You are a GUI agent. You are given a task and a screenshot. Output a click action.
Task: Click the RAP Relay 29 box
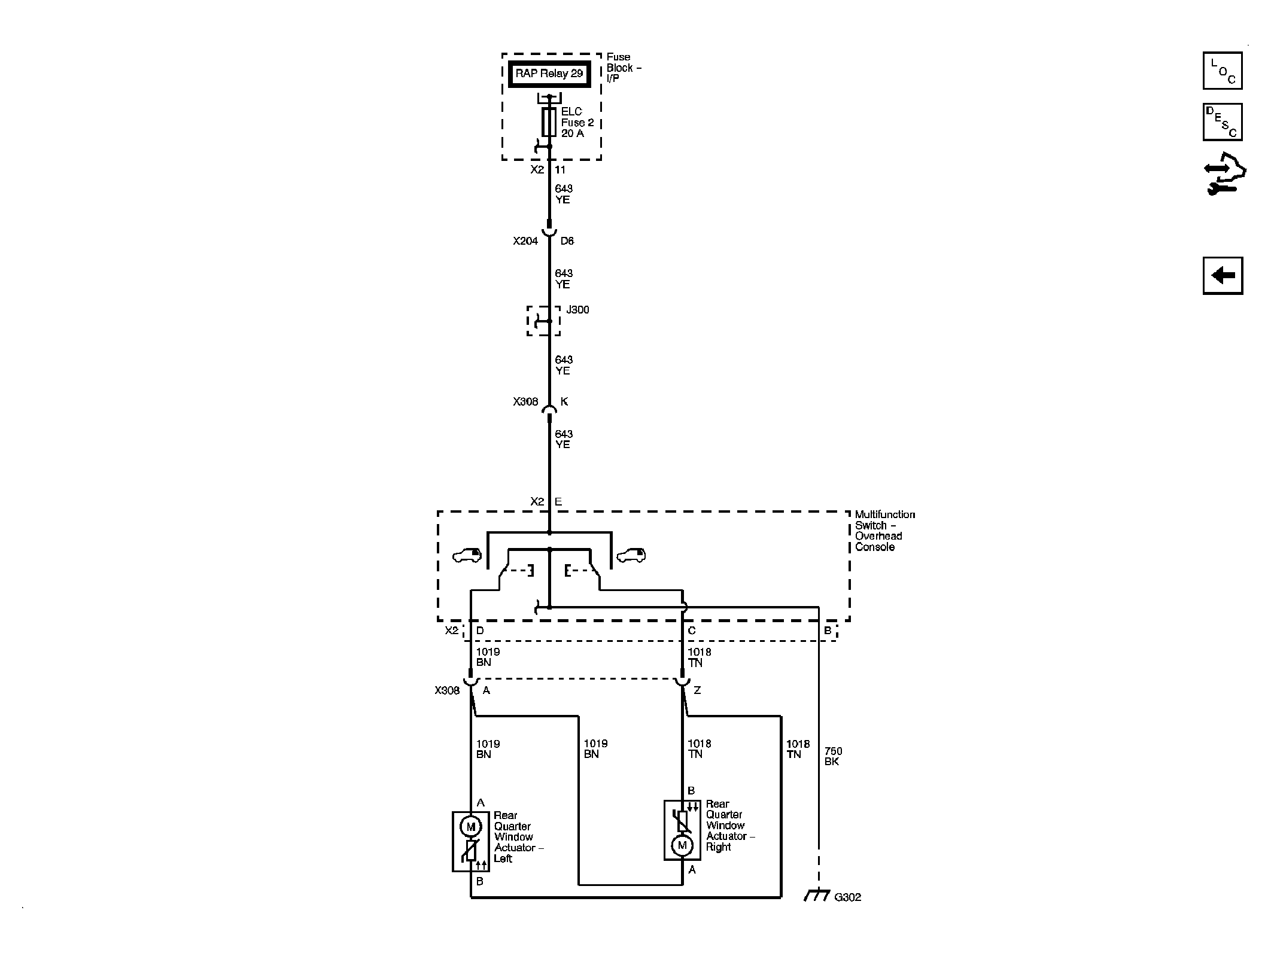[549, 74]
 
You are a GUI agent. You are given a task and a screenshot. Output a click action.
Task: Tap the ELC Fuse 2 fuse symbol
[549, 122]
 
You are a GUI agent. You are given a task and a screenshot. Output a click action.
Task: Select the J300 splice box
[543, 321]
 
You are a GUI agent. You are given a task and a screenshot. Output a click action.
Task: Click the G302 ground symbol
[817, 896]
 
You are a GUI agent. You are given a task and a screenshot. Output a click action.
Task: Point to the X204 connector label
[525, 241]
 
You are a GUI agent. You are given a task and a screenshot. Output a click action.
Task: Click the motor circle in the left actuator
[470, 826]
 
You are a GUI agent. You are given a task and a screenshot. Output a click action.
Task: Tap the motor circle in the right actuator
[682, 845]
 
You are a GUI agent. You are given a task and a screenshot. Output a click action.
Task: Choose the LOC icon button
[1223, 71]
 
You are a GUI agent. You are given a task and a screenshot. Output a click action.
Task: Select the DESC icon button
[1223, 122]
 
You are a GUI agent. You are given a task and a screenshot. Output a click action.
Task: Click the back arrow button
[1223, 276]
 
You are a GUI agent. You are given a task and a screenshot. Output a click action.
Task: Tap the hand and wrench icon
[1225, 175]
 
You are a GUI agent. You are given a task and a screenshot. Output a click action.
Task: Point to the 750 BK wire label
[832, 756]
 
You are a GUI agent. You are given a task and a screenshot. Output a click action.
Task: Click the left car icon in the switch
[467, 556]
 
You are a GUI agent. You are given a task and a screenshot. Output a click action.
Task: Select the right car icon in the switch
[631, 556]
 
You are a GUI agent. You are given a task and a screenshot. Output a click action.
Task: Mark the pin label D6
[567, 241]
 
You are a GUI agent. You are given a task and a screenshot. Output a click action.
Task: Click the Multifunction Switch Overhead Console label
[884, 531]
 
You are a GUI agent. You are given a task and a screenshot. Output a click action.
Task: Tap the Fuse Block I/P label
[624, 68]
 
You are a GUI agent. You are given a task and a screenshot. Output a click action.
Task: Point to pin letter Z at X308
[697, 690]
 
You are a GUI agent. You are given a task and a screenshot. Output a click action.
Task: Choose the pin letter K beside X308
[564, 401]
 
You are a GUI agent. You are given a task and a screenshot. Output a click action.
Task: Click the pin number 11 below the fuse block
[560, 170]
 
